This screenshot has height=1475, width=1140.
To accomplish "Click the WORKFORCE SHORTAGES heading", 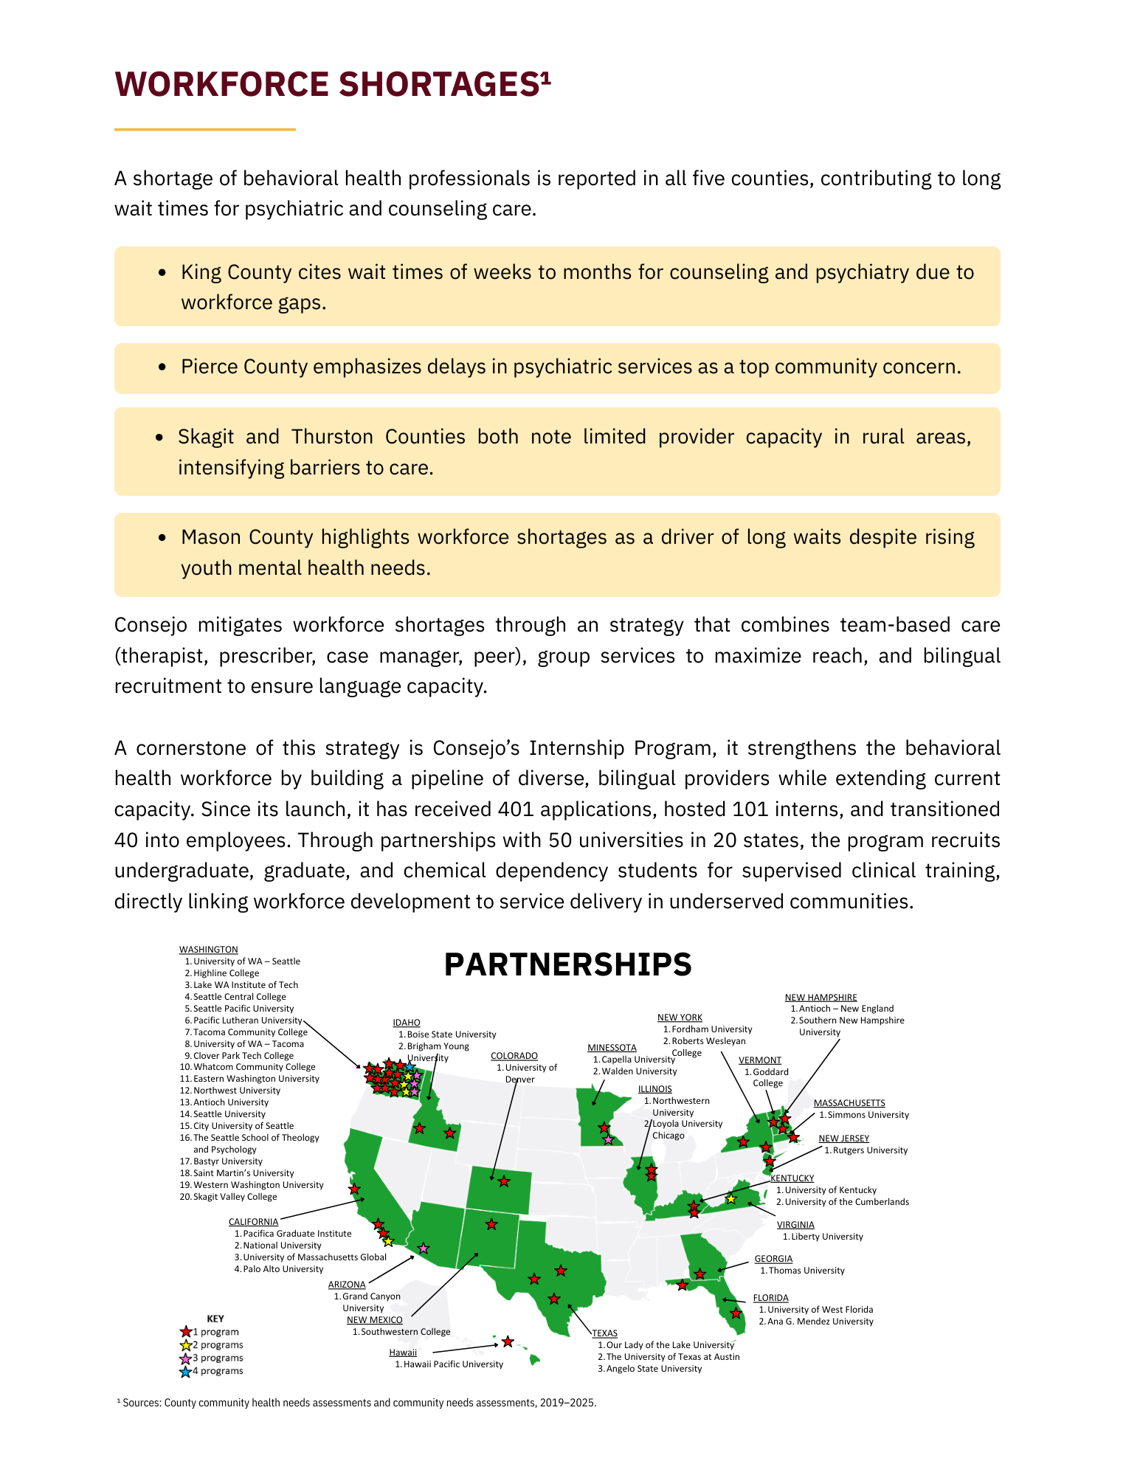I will (x=332, y=84).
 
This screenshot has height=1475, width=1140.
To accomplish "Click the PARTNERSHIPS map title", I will (x=567, y=964).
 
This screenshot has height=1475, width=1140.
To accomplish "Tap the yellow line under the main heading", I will (x=204, y=130).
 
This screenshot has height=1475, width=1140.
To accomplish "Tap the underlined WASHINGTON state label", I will (x=208, y=950).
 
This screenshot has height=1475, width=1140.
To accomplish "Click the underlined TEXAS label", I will (x=604, y=1333).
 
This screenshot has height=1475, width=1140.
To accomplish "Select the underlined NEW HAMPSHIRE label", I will (x=821, y=998).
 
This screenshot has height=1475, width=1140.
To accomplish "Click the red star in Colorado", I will (x=504, y=1181).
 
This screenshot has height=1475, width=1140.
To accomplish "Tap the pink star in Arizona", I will (x=424, y=1248).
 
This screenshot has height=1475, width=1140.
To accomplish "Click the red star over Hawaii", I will (x=508, y=1341).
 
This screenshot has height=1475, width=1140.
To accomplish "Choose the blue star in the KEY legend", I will (x=185, y=1372).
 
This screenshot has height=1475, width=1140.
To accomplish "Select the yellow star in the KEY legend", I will (x=185, y=1345).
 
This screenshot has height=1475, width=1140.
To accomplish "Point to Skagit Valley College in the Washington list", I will (x=235, y=1197).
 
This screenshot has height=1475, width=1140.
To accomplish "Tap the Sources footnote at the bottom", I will (x=359, y=1403).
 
